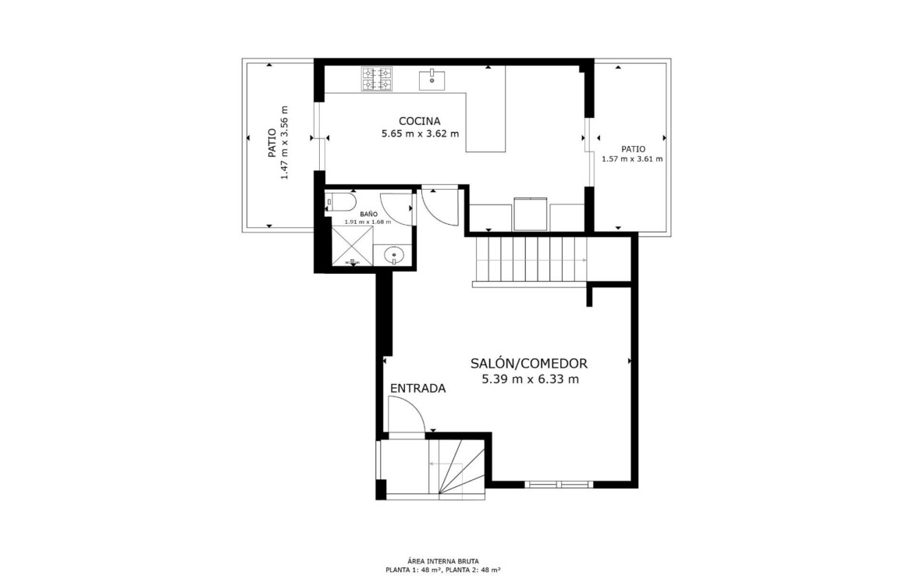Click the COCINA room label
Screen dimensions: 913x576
(419, 121)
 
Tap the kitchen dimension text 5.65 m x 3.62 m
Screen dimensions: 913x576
(420, 134)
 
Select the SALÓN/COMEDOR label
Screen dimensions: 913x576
(529, 364)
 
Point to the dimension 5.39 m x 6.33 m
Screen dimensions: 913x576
(530, 380)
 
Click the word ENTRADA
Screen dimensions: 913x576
(417, 389)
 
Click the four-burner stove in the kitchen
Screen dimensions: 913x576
(377, 79)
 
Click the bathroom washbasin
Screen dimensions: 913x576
(395, 254)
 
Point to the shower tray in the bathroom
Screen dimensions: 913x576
(352, 246)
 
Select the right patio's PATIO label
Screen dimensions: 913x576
(633, 149)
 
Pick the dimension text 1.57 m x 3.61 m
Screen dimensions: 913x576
(632, 159)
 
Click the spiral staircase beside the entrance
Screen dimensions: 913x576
(456, 468)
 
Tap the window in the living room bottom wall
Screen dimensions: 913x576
(559, 484)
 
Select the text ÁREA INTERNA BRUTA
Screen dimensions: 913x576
(444, 561)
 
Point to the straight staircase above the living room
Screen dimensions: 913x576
(531, 258)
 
